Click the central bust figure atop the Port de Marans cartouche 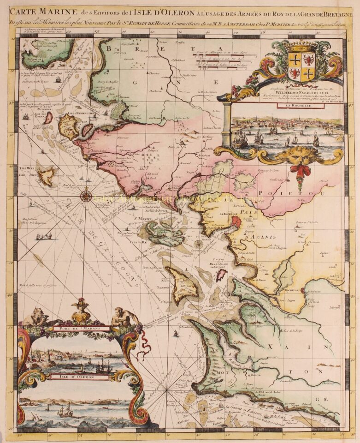coord(81,311)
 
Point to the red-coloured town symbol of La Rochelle coord(235,222)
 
